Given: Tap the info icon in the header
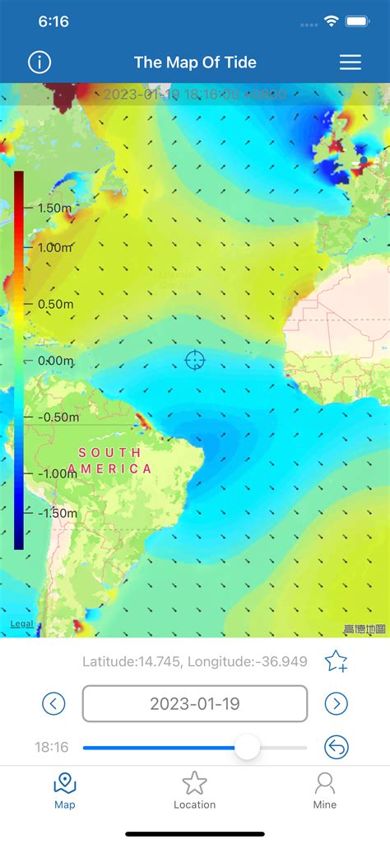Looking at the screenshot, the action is [39, 62].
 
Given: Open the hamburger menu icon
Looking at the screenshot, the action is [351, 62].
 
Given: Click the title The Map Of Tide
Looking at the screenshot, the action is [195, 62].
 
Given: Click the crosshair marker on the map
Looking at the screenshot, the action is [195, 360].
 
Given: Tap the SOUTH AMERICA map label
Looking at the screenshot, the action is [110, 460].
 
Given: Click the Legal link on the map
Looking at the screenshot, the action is [22, 623].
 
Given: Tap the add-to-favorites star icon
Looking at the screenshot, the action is [336, 660].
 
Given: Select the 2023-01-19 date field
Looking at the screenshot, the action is [195, 704].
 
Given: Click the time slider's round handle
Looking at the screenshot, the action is [247, 748].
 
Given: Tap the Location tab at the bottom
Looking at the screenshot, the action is [195, 790].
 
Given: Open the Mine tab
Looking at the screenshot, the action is [325, 790].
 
